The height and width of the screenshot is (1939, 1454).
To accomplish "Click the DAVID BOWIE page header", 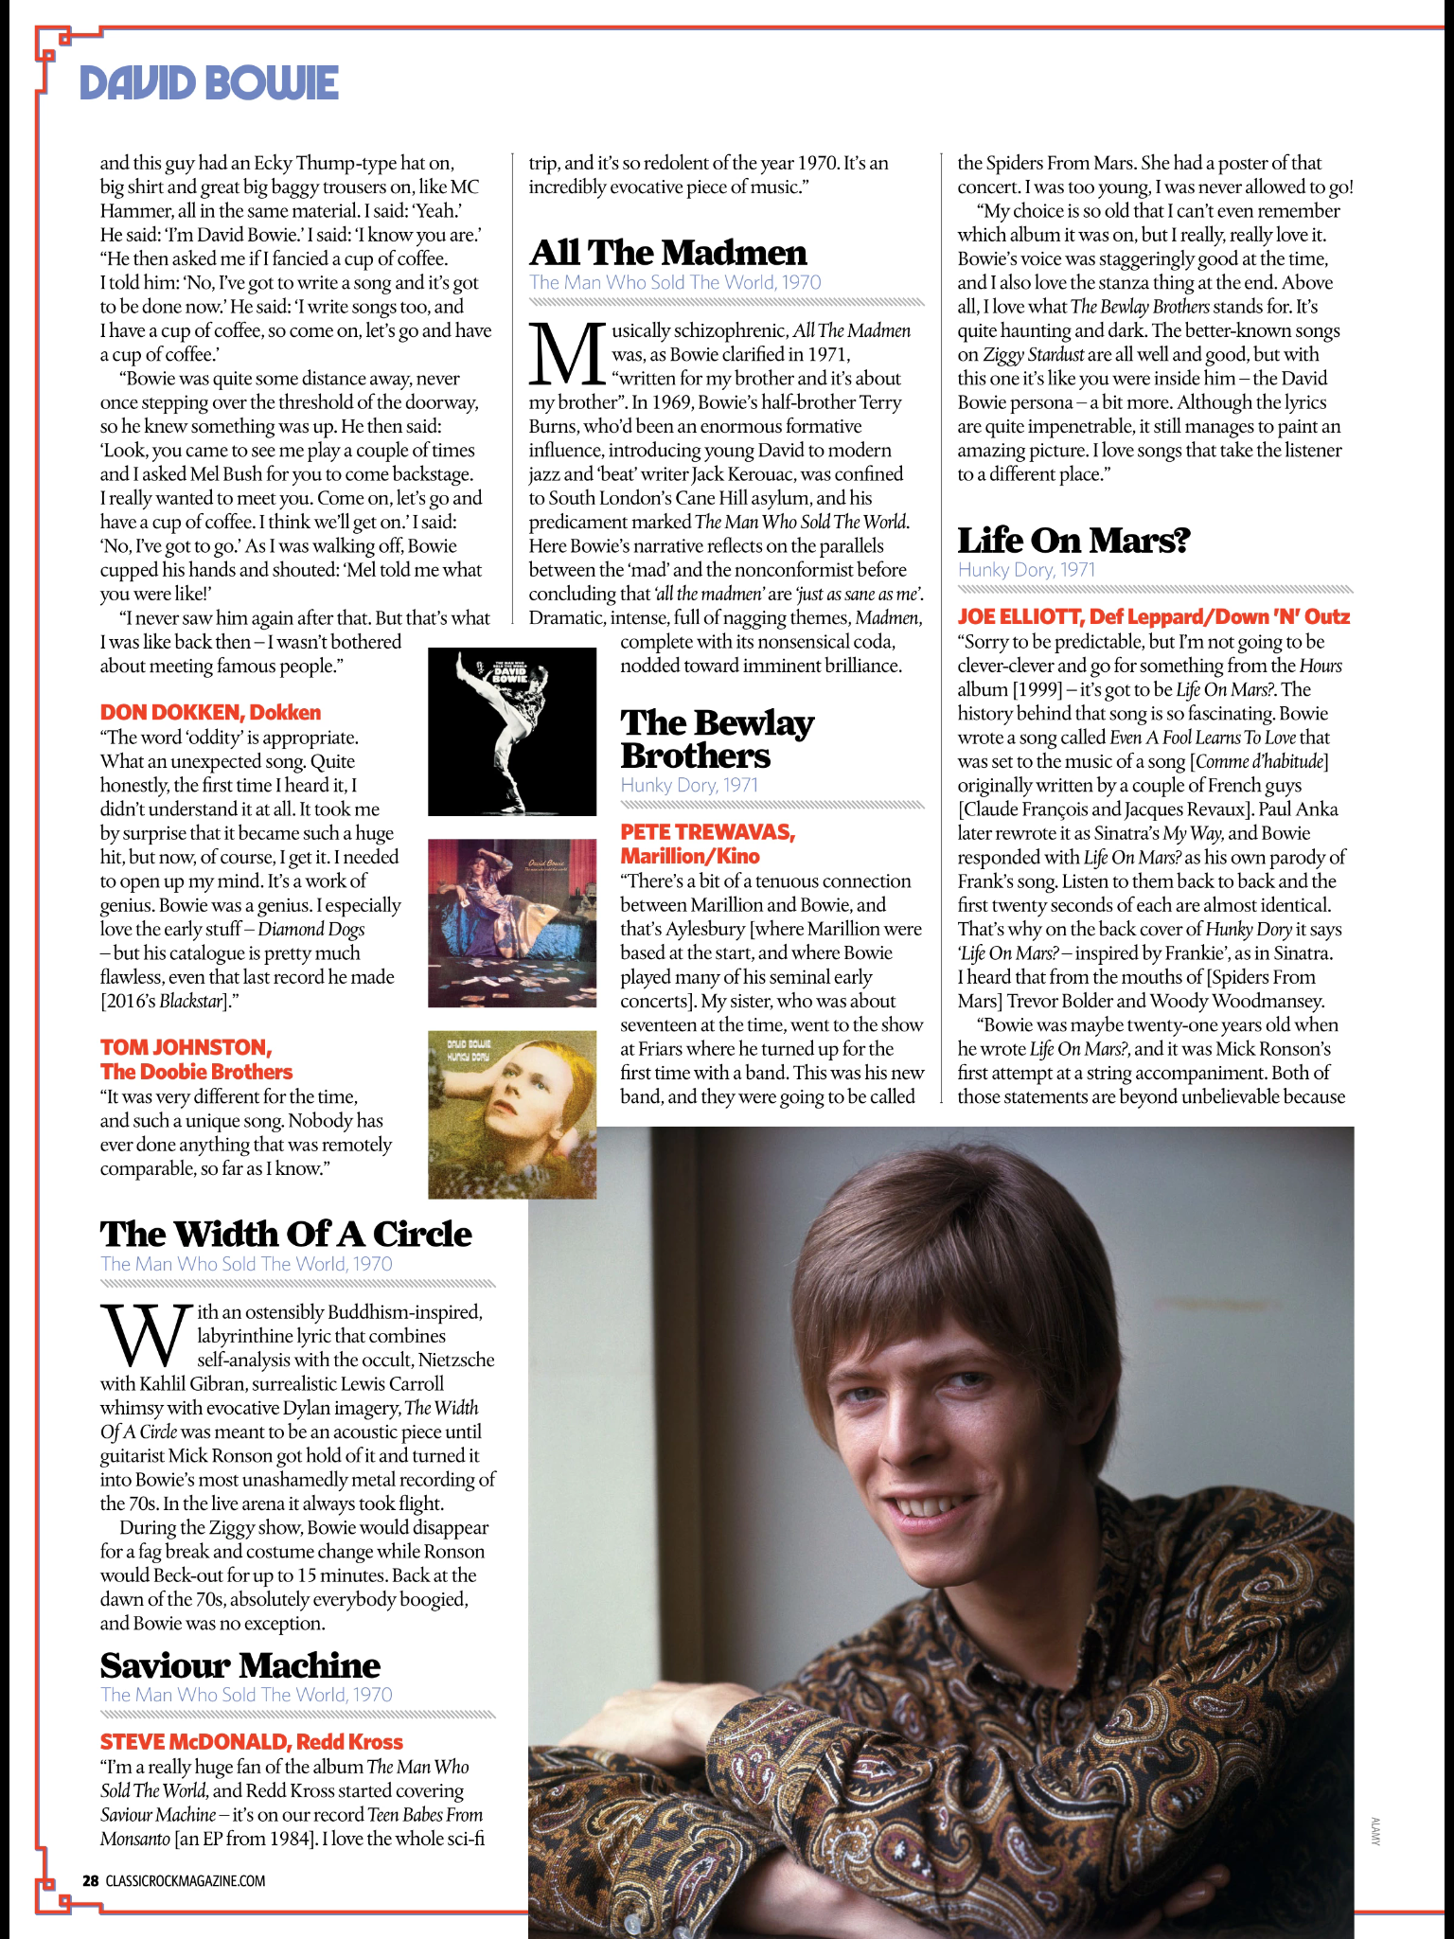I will coord(209,83).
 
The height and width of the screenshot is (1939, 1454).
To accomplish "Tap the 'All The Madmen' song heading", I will coord(668,253).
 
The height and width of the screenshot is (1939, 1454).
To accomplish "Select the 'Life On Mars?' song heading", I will coord(1073,541).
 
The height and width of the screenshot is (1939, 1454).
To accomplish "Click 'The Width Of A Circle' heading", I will coord(286,1235).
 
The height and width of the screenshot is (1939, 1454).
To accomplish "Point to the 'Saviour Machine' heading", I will coord(240,1665).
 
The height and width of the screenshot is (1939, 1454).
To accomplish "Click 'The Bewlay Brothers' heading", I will coord(717,739).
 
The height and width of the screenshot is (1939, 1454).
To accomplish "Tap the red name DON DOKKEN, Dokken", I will coord(210,713).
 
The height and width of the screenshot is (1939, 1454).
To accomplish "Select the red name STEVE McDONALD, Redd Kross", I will coord(252,1742).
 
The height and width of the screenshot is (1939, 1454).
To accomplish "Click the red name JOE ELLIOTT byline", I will coord(1153,617).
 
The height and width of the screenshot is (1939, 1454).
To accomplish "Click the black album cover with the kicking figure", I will coord(512,732).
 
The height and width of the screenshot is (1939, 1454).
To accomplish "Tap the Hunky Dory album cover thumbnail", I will coord(512,1114).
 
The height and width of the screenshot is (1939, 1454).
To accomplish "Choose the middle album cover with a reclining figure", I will coord(512,923).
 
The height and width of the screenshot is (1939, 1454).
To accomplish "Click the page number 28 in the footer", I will coord(90,1881).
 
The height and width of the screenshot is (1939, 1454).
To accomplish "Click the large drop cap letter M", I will coord(566,354).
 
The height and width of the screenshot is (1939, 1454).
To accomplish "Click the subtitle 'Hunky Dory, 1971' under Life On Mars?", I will coord(1026,570).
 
